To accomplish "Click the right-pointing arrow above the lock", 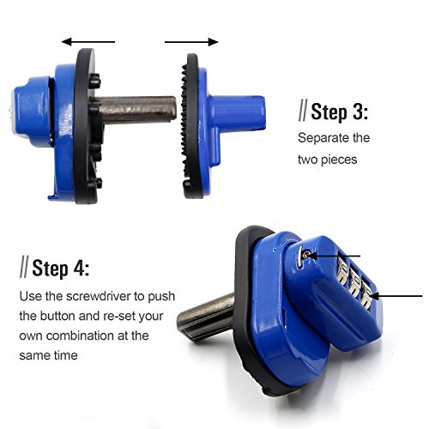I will click(190, 39).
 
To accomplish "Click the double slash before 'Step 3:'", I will click(303, 112).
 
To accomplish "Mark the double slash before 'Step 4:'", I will click(23, 268).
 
